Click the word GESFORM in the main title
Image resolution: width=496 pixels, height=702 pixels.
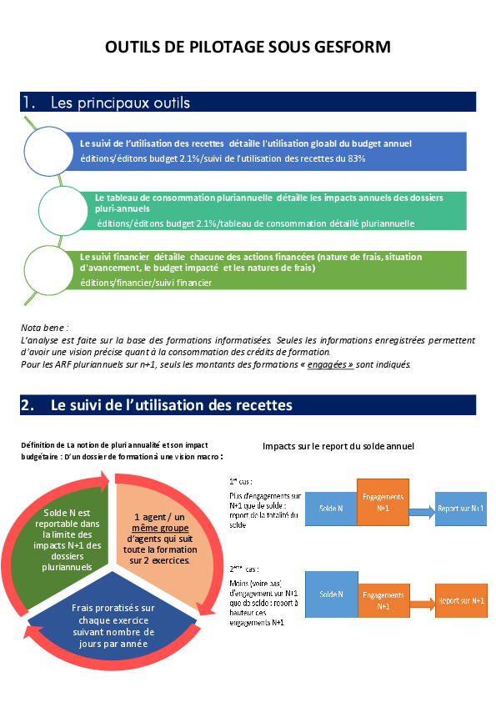[353, 48]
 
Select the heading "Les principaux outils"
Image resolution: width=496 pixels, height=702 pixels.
[120, 103]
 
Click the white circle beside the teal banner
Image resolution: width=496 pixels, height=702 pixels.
[66, 208]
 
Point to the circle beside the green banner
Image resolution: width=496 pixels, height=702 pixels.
[49, 269]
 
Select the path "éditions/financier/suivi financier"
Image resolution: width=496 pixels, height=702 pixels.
[146, 283]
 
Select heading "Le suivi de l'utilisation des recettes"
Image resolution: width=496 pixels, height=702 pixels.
[172, 405]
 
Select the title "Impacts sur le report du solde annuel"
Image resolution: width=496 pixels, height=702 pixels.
[338, 446]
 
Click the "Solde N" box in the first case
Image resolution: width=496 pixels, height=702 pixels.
[331, 508]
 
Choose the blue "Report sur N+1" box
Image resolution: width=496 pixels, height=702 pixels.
[461, 509]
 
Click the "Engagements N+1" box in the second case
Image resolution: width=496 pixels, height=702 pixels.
[383, 600]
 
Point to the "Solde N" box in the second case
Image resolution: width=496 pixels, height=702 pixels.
[331, 594]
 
